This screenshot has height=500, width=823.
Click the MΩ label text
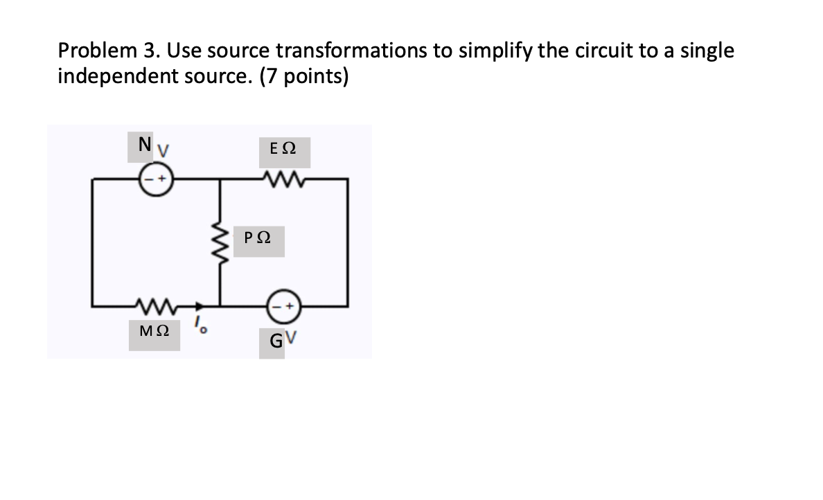point(154,332)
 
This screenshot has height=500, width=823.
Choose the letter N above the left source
point(144,144)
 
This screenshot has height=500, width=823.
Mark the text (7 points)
point(304,75)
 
